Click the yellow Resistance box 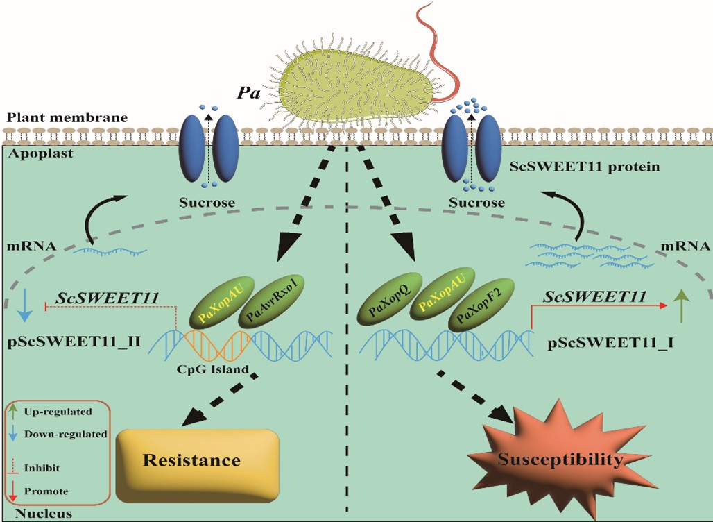click(198, 462)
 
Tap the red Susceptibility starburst click(561, 460)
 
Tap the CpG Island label click(212, 369)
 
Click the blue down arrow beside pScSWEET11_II click(26, 305)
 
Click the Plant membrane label click(67, 117)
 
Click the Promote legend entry click(46, 491)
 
